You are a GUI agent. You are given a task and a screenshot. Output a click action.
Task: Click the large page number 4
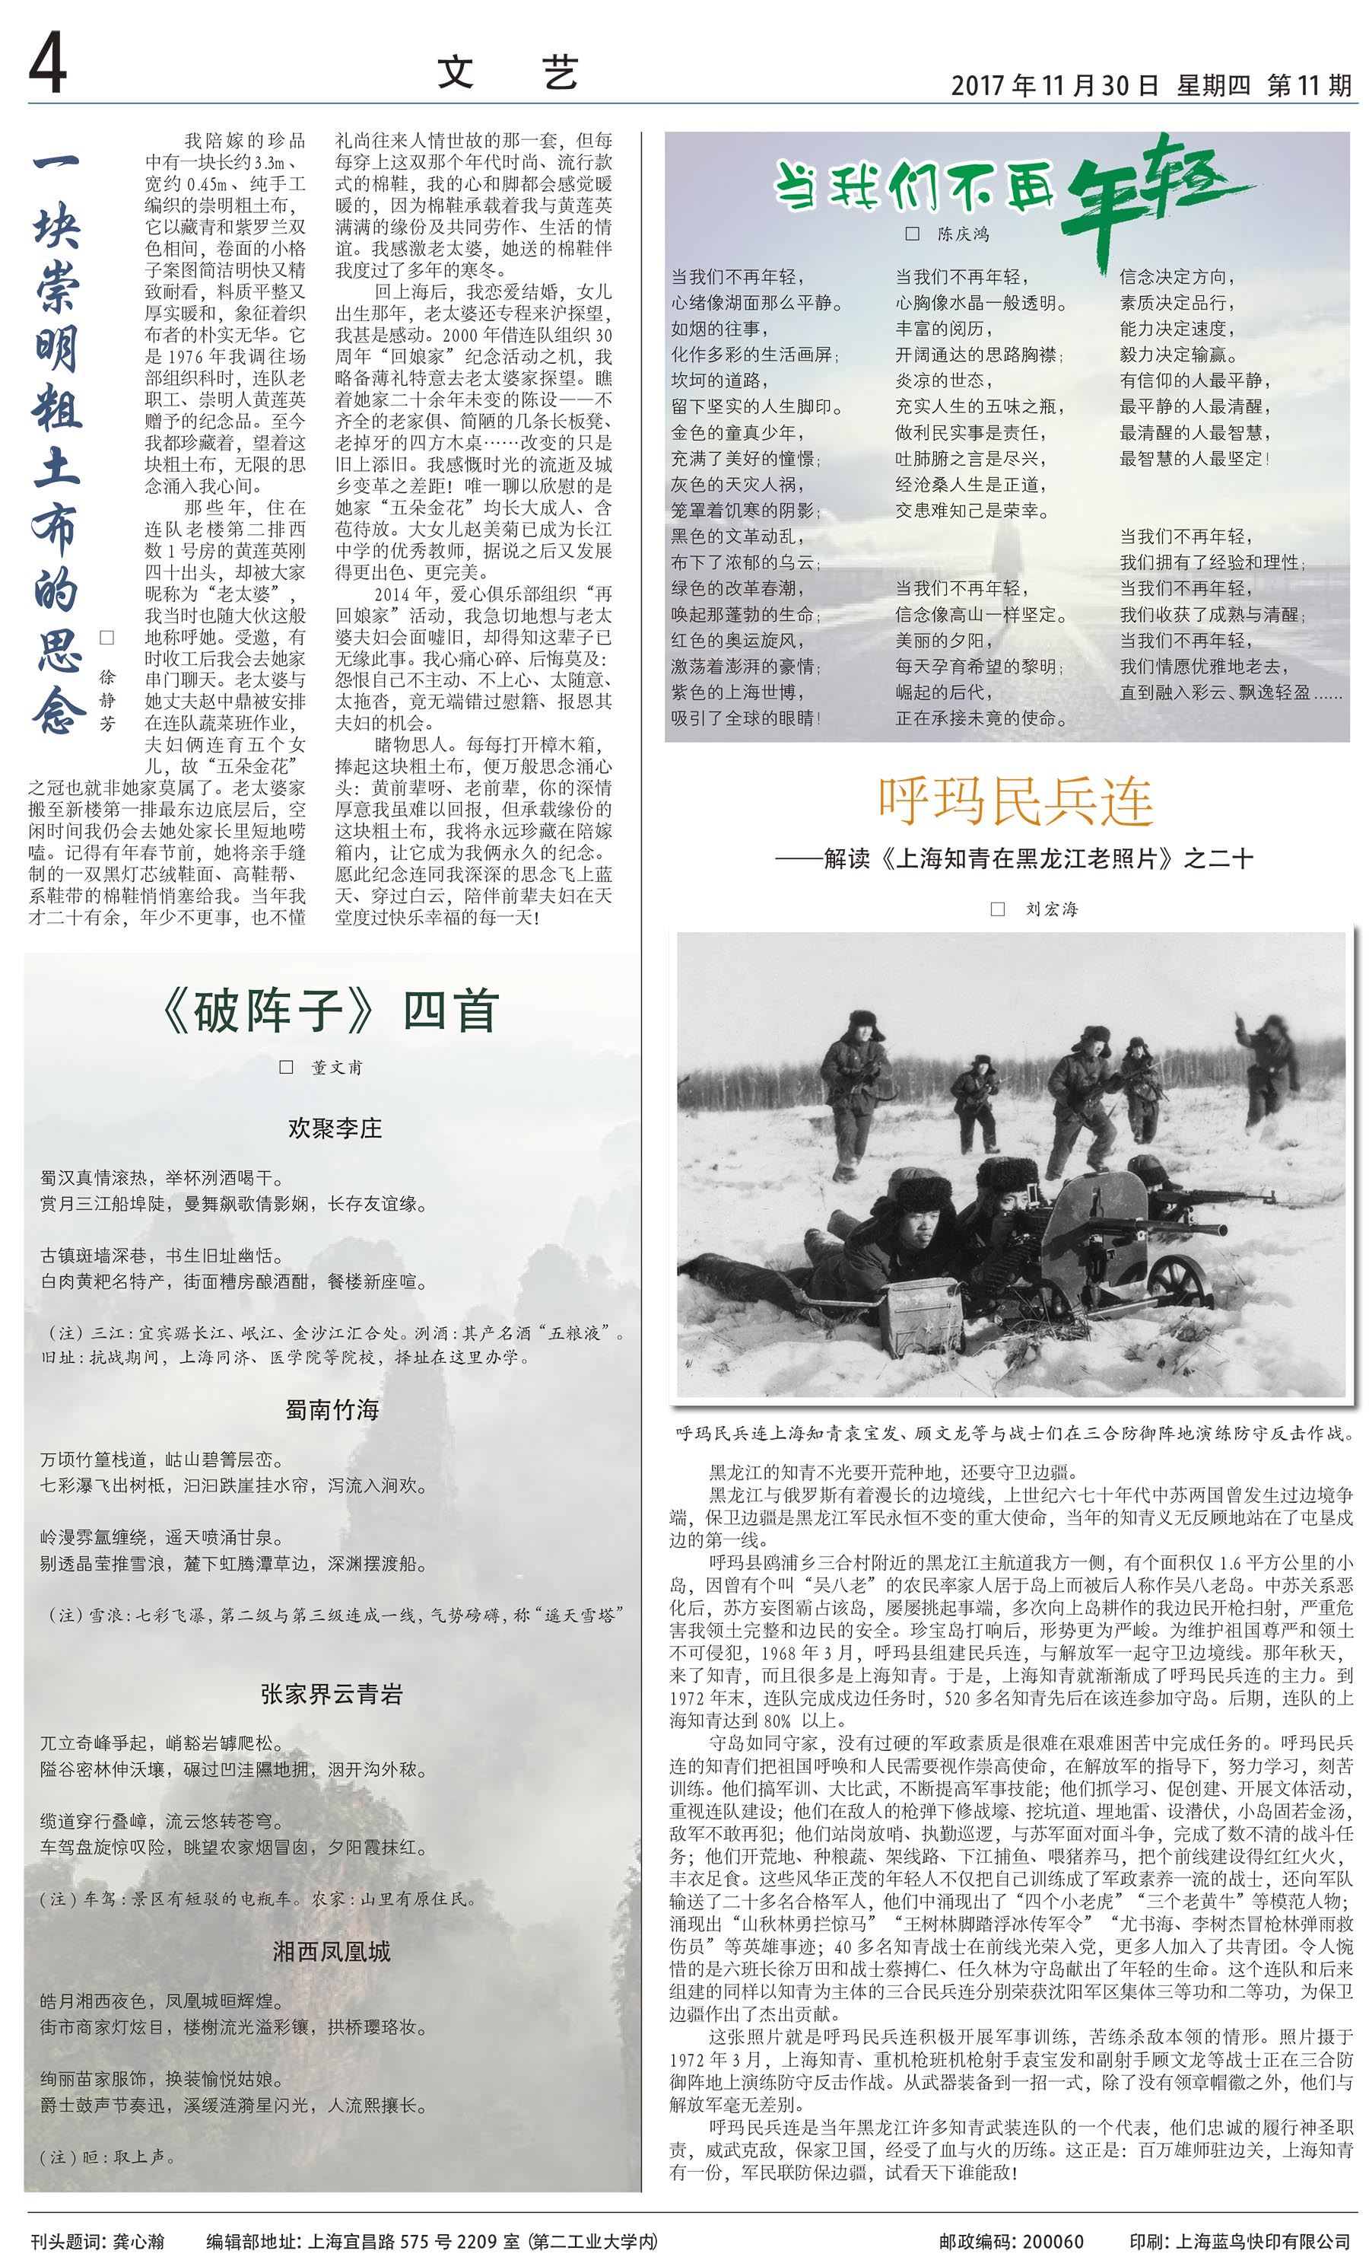click(x=48, y=64)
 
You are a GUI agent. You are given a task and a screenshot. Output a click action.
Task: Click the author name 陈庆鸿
click(x=962, y=234)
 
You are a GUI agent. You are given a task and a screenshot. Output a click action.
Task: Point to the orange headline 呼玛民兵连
click(x=1015, y=801)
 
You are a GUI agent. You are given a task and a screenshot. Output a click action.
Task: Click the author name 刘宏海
click(x=1051, y=909)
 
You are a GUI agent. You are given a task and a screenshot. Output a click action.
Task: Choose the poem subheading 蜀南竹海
click(x=332, y=1410)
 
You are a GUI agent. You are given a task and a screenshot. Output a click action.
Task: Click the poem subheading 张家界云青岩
click(x=332, y=1695)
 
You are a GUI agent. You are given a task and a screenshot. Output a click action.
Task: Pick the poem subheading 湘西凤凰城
click(x=332, y=1951)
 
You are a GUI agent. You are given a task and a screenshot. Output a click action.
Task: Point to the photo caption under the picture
click(x=1014, y=1433)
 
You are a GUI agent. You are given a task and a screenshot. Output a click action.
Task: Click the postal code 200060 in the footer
click(x=1053, y=2240)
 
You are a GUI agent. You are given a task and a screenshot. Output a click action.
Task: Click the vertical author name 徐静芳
click(x=107, y=701)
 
